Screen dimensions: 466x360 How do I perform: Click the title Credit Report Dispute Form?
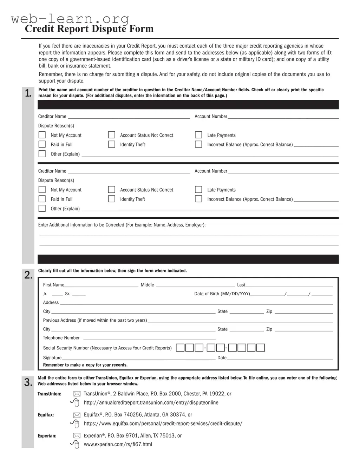89,29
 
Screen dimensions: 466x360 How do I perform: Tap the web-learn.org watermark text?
70,18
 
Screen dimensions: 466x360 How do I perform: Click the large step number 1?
28,93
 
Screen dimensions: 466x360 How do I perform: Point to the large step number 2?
28,275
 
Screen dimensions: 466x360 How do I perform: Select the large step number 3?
28,382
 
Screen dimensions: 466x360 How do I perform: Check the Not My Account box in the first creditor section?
42,135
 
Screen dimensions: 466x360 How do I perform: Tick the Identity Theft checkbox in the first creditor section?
112,144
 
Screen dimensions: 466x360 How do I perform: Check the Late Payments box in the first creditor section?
198,135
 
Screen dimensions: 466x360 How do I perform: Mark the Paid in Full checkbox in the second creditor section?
42,199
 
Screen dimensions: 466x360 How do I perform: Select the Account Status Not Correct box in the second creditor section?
112,190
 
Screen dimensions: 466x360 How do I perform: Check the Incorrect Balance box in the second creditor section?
198,199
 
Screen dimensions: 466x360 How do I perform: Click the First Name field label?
53,285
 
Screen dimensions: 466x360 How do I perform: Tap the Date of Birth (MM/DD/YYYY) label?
222,294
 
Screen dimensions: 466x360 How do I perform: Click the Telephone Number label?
61,338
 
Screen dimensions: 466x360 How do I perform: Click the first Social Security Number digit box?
180,348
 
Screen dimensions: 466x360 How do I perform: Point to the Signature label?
52,358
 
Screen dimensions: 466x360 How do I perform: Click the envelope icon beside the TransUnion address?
77,394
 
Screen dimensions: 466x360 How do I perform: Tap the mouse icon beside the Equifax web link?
75,424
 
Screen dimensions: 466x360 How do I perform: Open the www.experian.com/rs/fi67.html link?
118,445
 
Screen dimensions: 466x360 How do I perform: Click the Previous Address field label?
95,320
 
